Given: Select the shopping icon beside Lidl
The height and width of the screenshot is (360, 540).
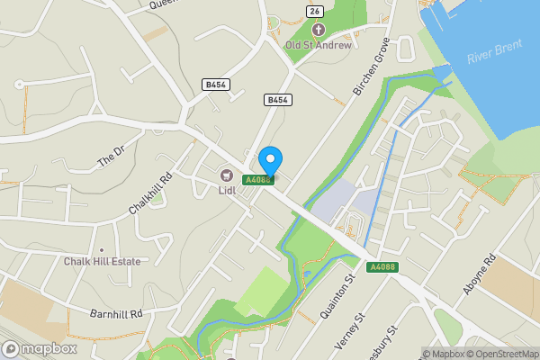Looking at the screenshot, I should pos(227,174).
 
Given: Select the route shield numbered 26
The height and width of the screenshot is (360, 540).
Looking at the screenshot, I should pos(313,11).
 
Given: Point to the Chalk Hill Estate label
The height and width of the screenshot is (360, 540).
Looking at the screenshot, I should pos(103,262).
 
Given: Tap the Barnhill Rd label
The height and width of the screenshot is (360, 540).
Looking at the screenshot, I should pos(116,314).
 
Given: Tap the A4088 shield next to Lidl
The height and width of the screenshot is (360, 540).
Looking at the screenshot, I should pos(258,179).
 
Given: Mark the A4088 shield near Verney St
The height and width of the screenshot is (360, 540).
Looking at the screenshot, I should pos(381,267).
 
